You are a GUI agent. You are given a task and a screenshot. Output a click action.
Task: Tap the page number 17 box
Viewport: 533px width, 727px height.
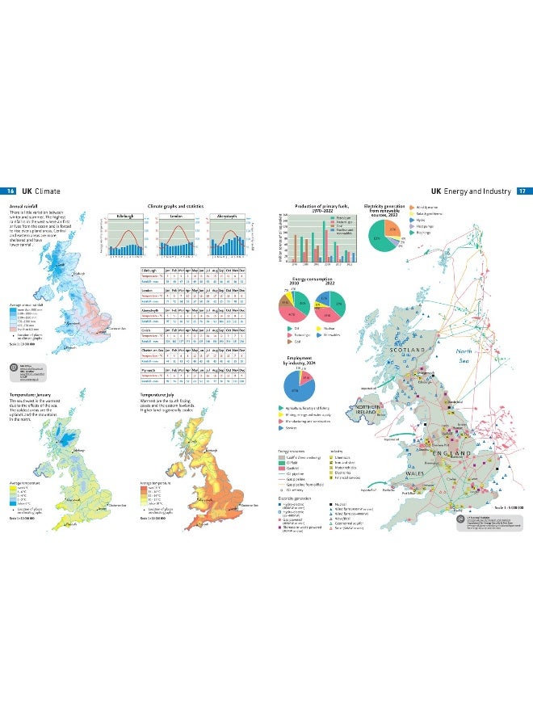523,191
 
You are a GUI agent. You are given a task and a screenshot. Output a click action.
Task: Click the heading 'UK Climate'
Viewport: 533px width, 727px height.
40,191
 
